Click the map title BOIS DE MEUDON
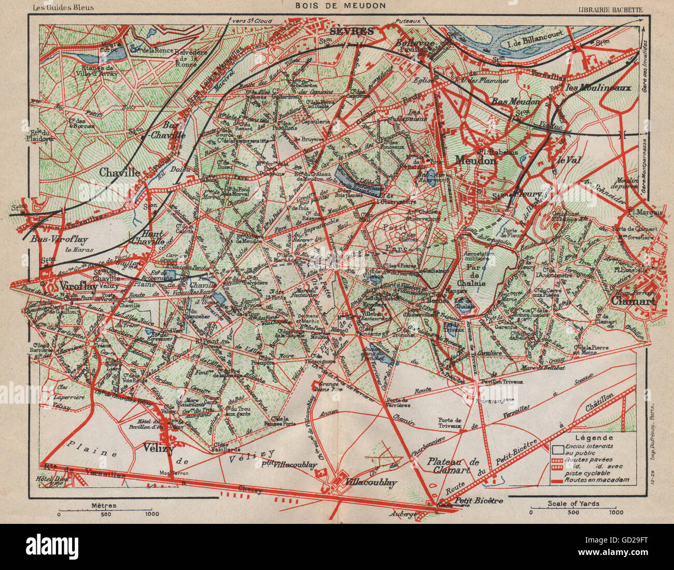[x=341, y=6]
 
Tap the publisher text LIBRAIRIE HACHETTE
[x=610, y=9]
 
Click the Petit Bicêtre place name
[x=479, y=501]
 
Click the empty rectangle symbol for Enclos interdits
[x=557, y=448]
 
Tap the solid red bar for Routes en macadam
[x=557, y=480]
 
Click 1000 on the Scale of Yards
[x=615, y=512]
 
